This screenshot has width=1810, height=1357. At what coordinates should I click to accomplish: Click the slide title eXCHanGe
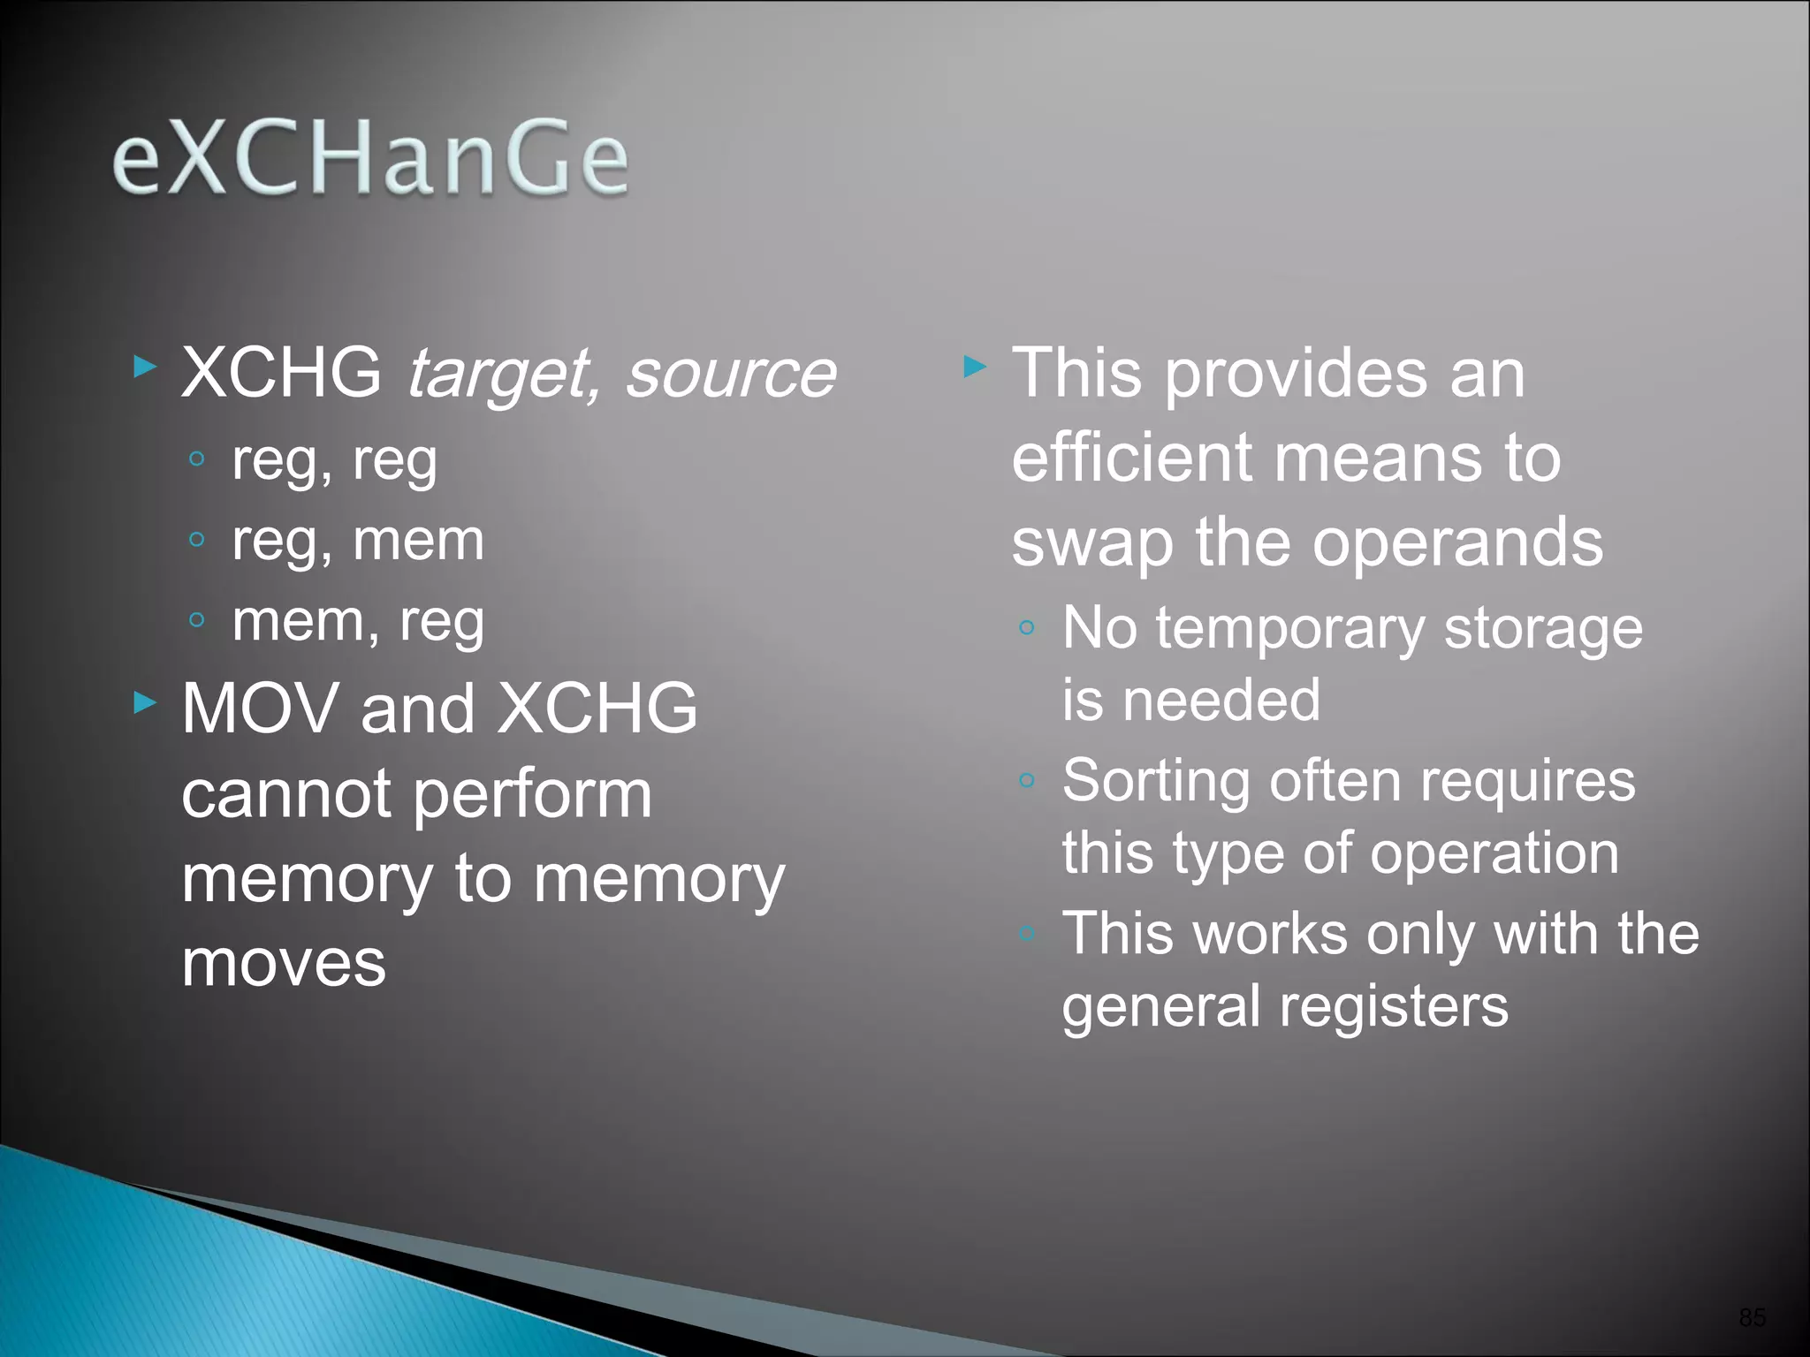[x=370, y=159]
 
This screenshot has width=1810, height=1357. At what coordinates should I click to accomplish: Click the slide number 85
[x=1752, y=1317]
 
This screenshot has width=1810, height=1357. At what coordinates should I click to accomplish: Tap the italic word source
[x=731, y=375]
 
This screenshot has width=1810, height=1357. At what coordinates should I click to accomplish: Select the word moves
[x=284, y=962]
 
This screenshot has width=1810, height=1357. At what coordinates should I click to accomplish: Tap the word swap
[x=1093, y=544]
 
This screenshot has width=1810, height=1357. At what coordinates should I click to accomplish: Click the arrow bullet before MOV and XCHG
[x=145, y=703]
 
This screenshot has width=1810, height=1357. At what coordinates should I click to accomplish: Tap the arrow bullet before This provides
[x=975, y=367]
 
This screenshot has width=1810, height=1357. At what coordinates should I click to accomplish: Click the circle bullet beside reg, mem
[x=197, y=539]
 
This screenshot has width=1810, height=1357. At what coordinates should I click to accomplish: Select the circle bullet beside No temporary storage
[x=1026, y=628]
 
